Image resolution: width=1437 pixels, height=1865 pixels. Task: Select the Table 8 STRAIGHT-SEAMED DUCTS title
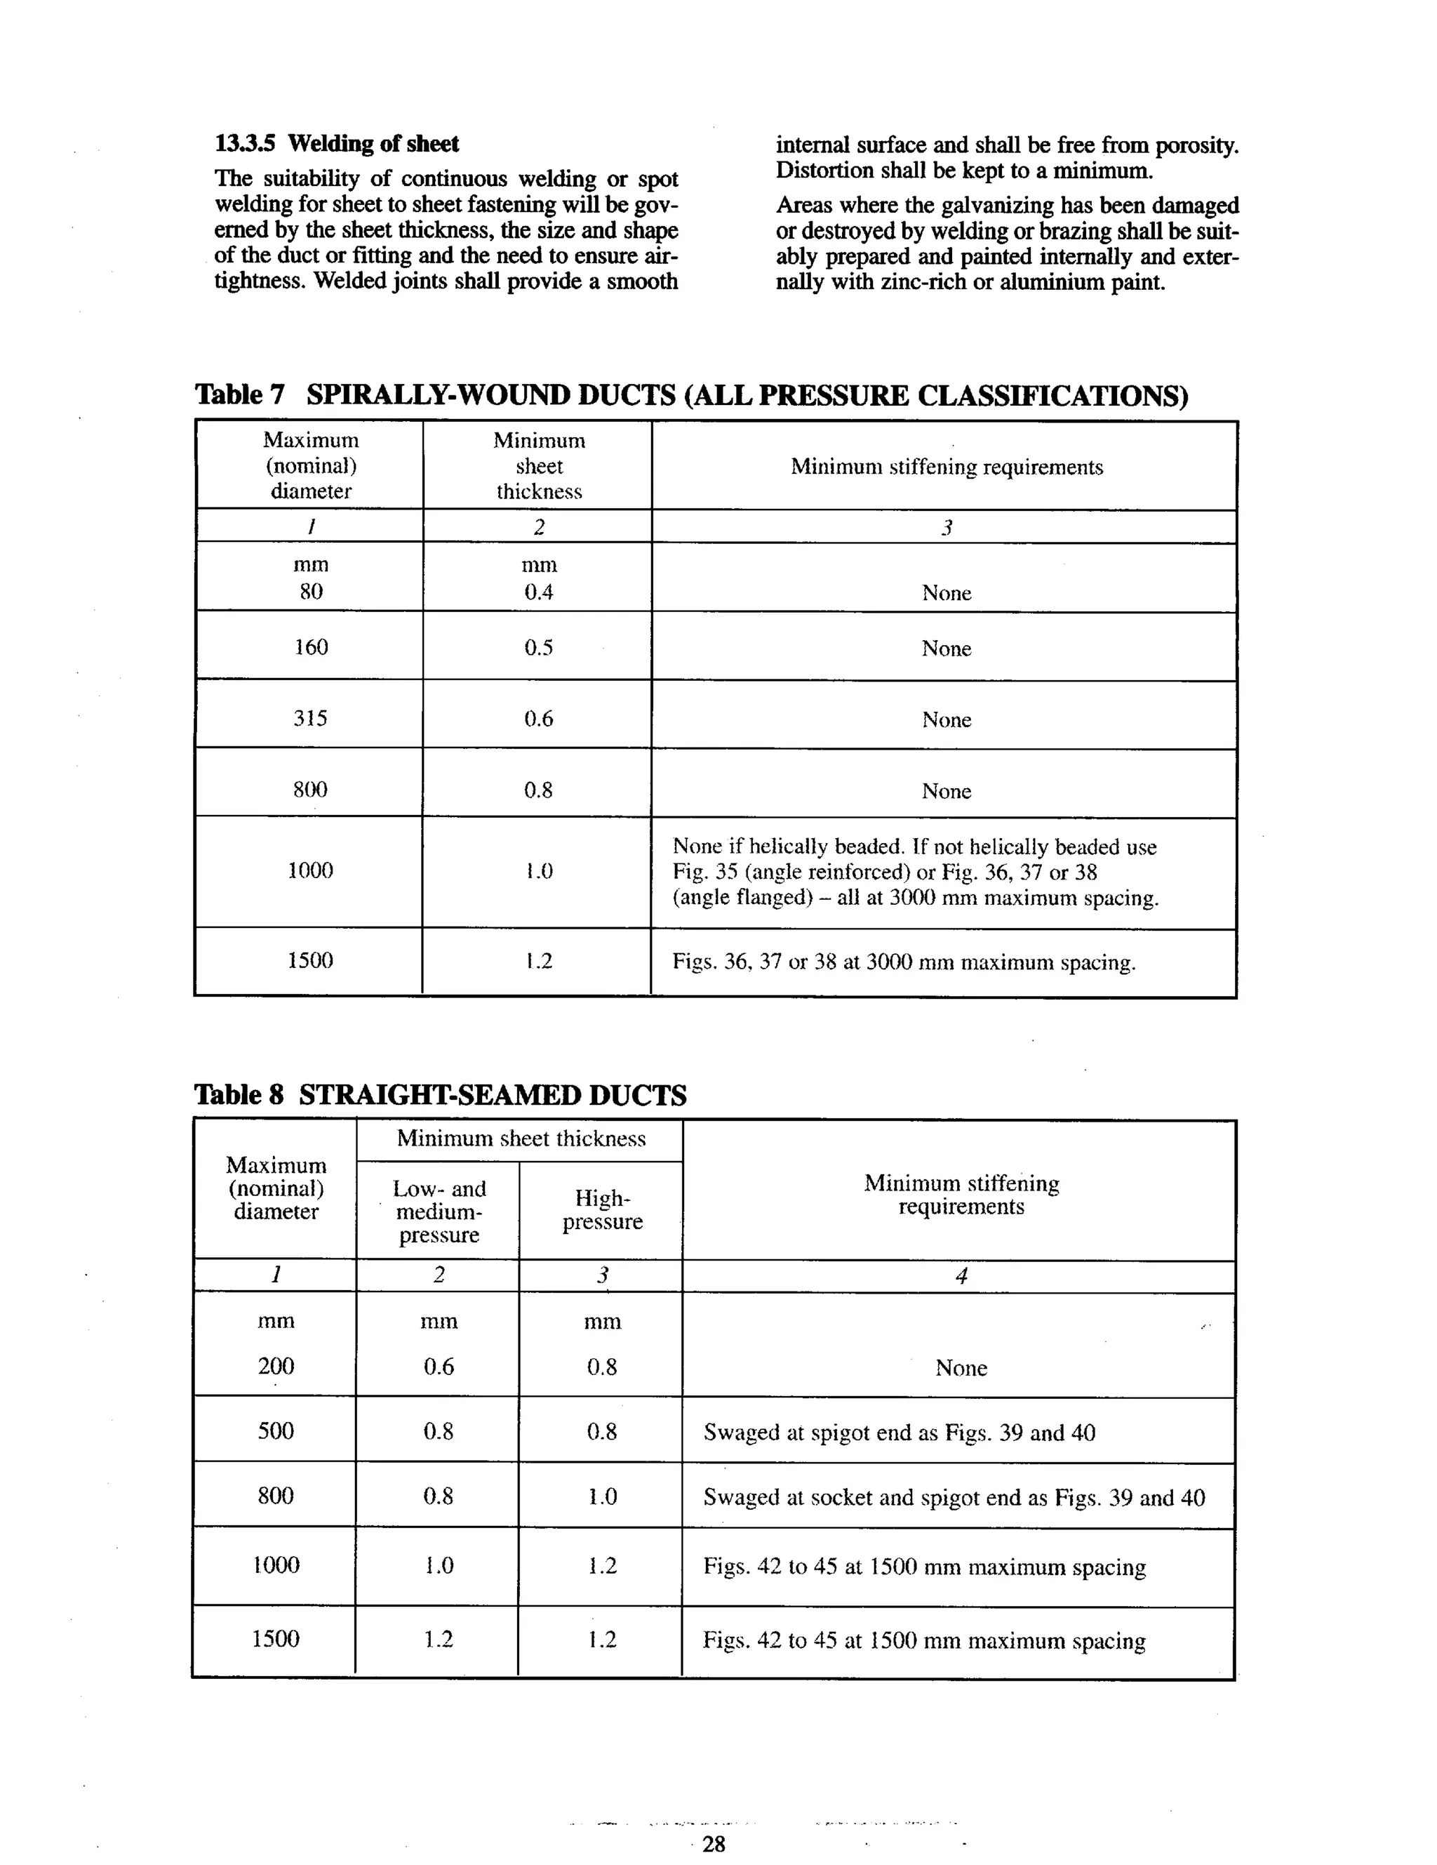click(x=440, y=1095)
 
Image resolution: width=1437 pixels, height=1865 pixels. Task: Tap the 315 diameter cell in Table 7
click(x=310, y=718)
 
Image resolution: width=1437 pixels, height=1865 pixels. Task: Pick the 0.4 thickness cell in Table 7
click(x=538, y=592)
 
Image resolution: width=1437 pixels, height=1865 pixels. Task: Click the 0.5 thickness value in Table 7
click(x=538, y=647)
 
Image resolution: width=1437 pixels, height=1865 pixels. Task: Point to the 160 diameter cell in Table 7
click(x=311, y=647)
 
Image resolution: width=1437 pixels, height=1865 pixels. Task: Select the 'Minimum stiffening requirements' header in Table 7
click(x=946, y=467)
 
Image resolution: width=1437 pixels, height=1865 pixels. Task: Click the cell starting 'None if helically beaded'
click(x=914, y=872)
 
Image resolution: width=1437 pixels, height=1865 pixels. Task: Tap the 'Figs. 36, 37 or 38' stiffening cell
click(x=903, y=962)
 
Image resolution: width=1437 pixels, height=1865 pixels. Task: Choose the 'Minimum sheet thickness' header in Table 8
click(x=521, y=1139)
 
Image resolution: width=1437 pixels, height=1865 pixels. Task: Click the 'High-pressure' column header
click(x=602, y=1209)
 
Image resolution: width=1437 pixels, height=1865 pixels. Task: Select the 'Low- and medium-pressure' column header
click(x=439, y=1211)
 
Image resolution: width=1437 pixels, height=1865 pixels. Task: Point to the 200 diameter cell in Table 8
click(x=276, y=1367)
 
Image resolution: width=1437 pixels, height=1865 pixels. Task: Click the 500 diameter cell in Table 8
click(x=276, y=1431)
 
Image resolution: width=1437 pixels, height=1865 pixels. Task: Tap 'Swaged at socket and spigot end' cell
click(x=954, y=1498)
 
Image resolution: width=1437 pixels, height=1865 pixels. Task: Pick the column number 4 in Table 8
click(x=961, y=1276)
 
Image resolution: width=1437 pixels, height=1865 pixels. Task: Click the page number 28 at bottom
click(x=713, y=1843)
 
